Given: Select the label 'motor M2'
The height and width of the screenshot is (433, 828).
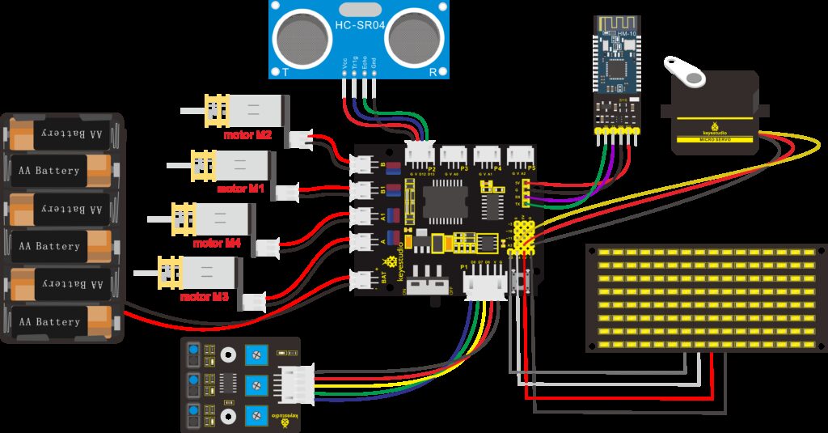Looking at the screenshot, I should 248,136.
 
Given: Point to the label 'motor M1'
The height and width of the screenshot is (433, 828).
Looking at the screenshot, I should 241,189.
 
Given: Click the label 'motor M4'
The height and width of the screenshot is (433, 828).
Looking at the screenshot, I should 216,242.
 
